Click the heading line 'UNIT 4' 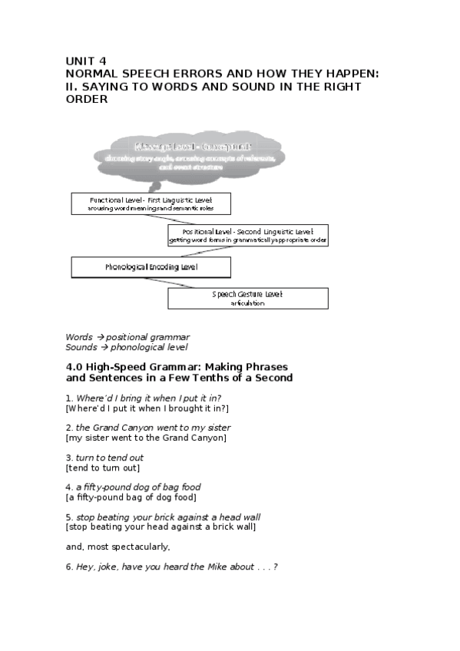[86, 61]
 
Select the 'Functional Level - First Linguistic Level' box [151, 203]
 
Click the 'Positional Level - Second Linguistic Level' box [248, 235]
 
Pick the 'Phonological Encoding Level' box [151, 267]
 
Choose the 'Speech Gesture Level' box [248, 298]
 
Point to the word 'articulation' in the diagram [247, 303]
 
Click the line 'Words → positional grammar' [127, 336]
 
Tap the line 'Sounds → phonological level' [127, 347]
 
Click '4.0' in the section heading [75, 366]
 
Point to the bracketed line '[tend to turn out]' [103, 468]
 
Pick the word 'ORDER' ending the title [87, 99]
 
